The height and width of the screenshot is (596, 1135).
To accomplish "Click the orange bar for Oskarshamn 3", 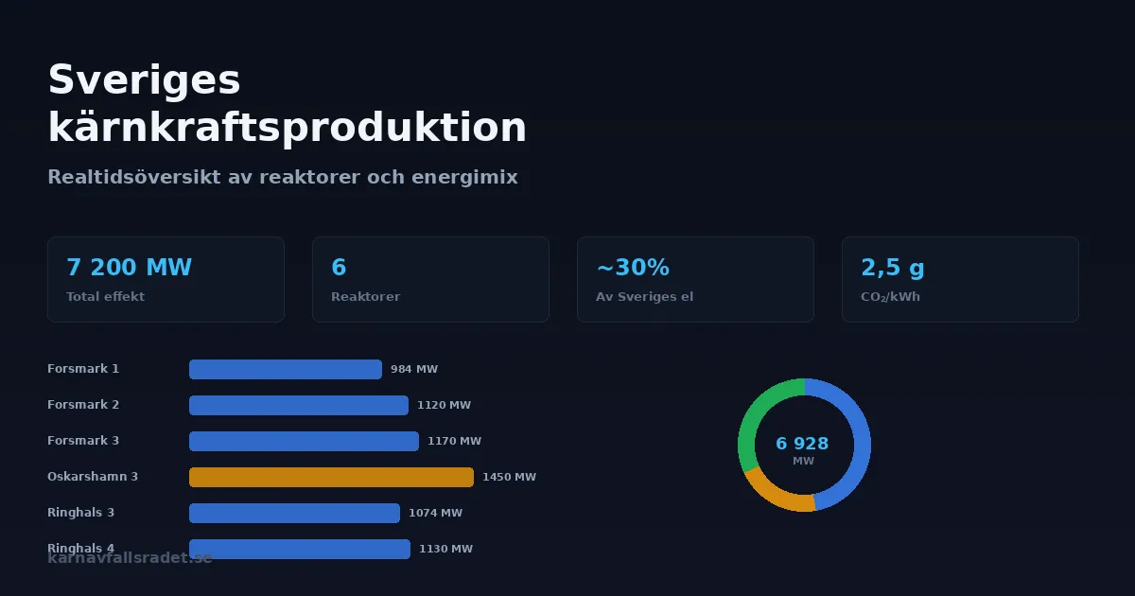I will point(331,477).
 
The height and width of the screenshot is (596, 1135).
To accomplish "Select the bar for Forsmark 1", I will point(286,369).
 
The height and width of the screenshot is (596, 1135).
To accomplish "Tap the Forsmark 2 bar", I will point(299,405).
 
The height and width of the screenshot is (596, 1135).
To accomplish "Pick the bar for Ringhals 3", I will point(294,513).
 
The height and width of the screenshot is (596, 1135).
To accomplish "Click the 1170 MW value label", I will point(454,441).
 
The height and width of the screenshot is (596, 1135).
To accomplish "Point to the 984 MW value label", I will point(414,369).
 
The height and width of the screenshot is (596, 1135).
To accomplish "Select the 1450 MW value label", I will point(509,477).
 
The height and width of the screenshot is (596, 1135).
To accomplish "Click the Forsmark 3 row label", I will point(83,441).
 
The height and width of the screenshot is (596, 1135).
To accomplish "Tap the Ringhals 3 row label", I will point(80,513).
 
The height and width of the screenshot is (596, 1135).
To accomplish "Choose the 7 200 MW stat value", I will point(129,268).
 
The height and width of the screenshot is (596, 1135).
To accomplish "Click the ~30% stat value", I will point(633,268).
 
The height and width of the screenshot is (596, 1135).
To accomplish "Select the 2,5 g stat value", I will point(893,268).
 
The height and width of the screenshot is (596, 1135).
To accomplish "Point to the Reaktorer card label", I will point(365,297).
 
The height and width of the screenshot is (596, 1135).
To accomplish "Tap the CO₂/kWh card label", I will point(890,297).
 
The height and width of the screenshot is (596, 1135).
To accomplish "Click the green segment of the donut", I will point(754,416).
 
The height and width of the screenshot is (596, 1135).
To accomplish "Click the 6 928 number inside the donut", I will point(802,444).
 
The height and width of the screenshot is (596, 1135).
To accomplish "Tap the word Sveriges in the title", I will point(144,79).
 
